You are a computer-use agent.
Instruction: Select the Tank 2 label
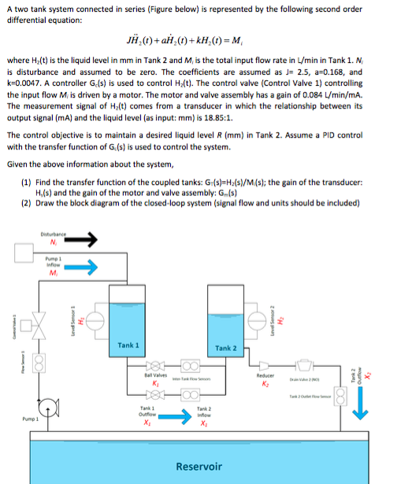226,347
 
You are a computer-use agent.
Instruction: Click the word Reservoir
198,467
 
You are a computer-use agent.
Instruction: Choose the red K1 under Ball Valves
156,383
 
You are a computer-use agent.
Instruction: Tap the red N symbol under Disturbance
52,241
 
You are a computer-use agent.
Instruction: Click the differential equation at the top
198,39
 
